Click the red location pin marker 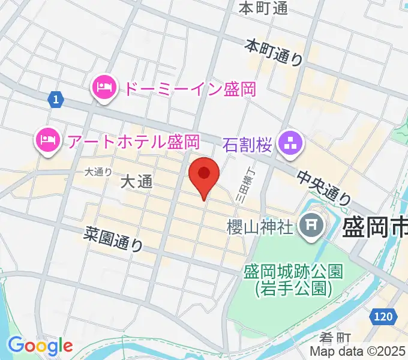(204, 175)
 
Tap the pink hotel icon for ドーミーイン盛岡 (105, 89)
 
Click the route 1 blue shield (55, 100)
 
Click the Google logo (40, 346)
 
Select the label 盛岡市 (375, 229)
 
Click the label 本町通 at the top (263, 8)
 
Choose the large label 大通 (137, 182)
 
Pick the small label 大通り (98, 172)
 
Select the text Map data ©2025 (358, 352)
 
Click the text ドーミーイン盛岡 (190, 89)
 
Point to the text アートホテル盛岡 (133, 142)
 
